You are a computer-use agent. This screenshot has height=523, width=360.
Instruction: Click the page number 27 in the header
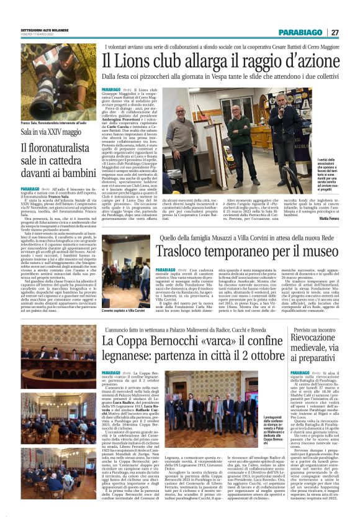click(334, 32)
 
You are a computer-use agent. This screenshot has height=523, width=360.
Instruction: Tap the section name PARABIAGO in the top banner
click(300, 32)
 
